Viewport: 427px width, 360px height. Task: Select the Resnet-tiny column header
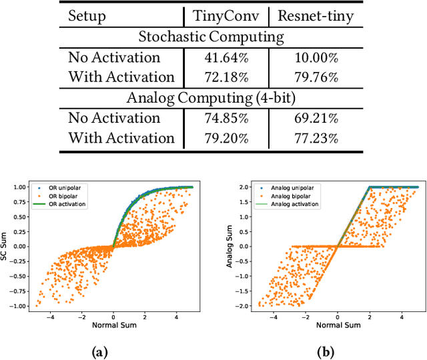pos(315,16)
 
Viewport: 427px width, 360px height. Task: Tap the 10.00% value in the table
pos(315,57)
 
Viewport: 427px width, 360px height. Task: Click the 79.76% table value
pos(315,77)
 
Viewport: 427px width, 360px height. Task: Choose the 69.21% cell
pos(315,118)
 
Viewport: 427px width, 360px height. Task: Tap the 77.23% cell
pos(315,138)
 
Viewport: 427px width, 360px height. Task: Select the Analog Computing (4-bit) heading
pos(212,97)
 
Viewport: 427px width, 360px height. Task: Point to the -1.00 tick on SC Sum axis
pos(21,306)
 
